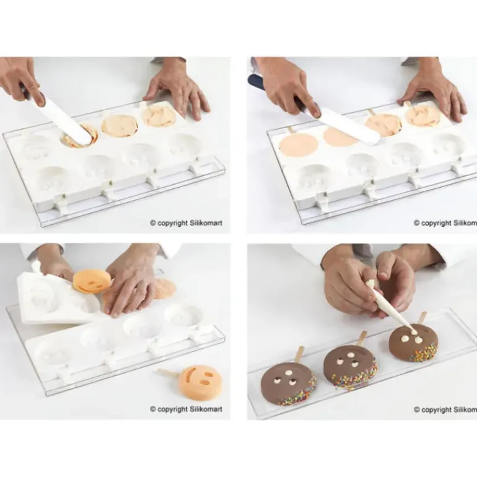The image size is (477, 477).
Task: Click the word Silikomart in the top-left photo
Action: pyautogui.click(x=206, y=223)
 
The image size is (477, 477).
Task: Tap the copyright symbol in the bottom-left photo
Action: pyautogui.click(x=153, y=409)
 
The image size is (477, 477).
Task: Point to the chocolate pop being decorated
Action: pyautogui.click(x=414, y=341)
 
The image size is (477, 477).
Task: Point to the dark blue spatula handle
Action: pyautogui.click(x=258, y=82)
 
